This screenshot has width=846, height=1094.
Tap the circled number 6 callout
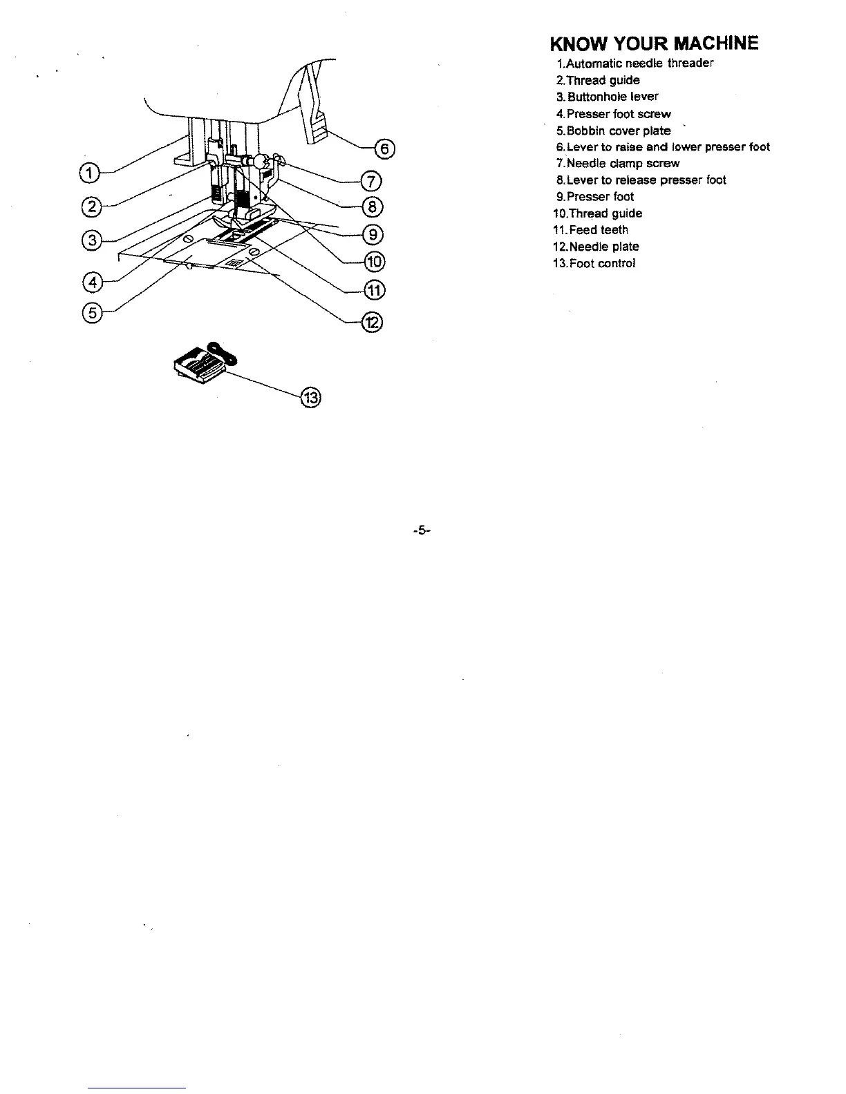pyautogui.click(x=384, y=149)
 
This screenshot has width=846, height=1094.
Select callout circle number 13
pyautogui.click(x=310, y=398)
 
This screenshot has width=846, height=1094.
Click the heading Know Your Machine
pyautogui.click(x=654, y=44)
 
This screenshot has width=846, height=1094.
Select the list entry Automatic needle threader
pyautogui.click(x=634, y=64)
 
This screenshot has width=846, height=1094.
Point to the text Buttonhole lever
pyautogui.click(x=608, y=97)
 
